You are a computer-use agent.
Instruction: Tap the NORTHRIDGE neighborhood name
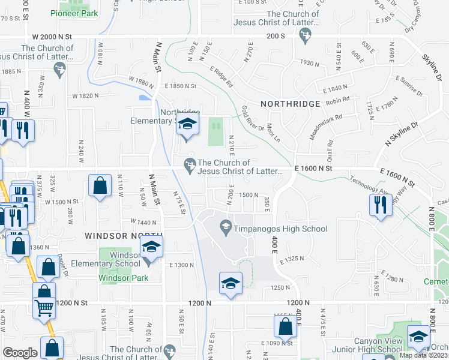291,104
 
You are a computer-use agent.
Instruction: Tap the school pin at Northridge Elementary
186,127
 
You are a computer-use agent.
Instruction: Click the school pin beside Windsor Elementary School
151,248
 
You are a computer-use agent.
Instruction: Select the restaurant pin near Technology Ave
379,205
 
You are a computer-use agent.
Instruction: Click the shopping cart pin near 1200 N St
44,308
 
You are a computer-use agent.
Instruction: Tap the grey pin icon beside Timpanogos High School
225,227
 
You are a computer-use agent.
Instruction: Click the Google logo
20,353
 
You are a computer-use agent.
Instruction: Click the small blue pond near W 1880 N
145,97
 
